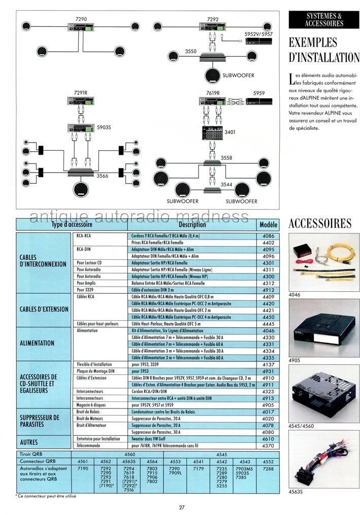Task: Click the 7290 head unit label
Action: (81, 19)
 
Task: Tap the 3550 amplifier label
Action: (191, 51)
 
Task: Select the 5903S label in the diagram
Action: (104, 128)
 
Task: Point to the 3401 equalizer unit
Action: (212, 134)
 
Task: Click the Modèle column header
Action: (268, 224)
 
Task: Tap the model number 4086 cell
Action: (268, 236)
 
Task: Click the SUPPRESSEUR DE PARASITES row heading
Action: (42, 421)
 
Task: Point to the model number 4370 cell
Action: (268, 445)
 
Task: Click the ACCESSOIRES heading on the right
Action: (320, 223)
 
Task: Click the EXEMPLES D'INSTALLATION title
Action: (323, 50)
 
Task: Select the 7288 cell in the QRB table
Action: (268, 469)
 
